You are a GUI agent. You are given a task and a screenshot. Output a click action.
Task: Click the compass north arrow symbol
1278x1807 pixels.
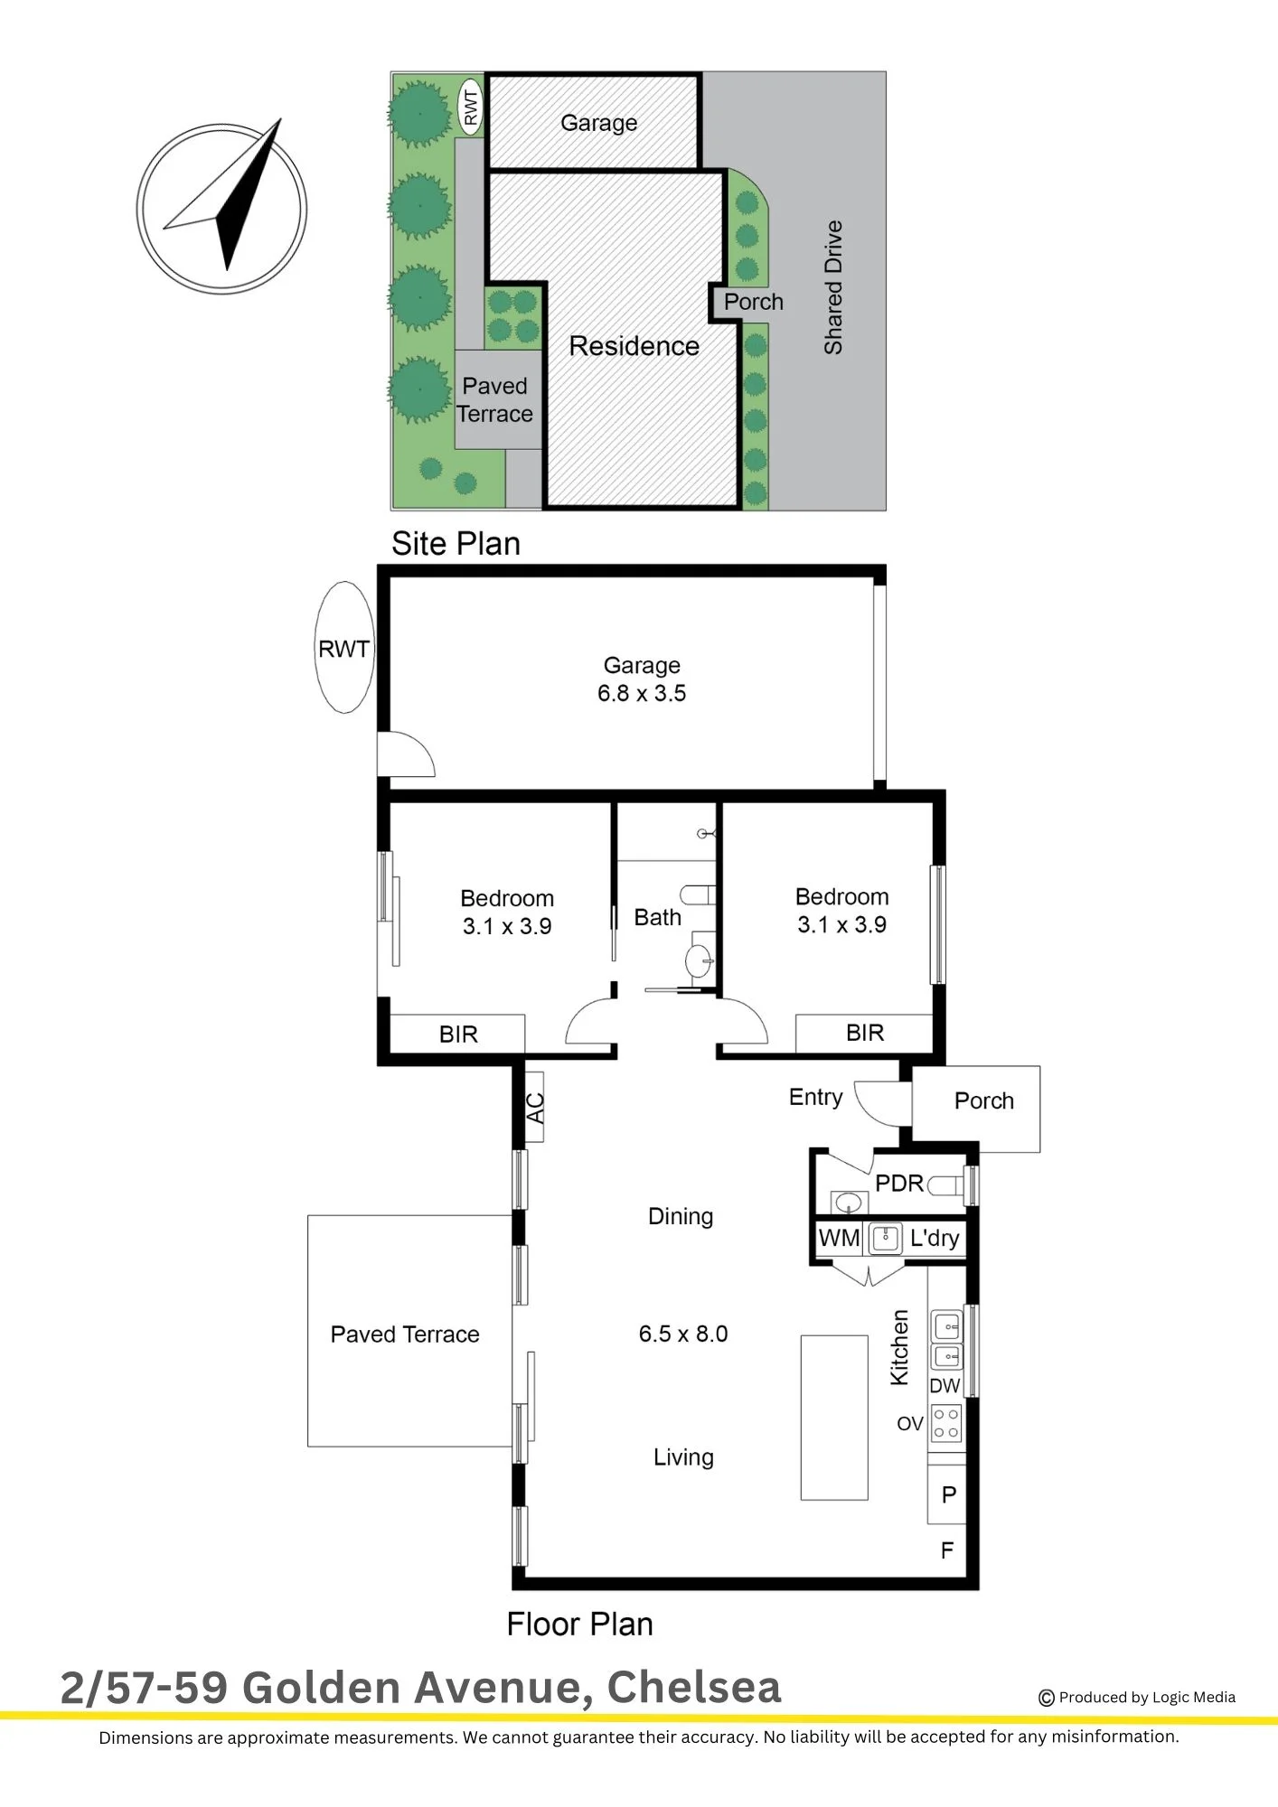point(222,208)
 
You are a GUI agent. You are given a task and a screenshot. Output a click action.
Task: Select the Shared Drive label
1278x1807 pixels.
point(832,287)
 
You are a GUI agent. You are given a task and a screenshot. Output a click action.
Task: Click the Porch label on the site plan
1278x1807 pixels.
point(753,302)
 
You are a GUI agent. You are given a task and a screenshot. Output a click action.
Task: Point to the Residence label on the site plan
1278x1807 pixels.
point(634,346)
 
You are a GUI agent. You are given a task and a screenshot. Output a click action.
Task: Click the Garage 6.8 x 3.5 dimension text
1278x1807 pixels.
point(642,693)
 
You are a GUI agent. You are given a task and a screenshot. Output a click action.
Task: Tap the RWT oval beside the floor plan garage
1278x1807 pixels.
point(344,648)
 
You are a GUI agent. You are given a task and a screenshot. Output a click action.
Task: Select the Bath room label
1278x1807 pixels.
point(657,917)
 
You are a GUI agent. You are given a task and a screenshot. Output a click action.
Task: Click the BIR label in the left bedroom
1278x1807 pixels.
point(458,1035)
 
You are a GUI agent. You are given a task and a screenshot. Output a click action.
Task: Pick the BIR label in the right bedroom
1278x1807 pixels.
point(865,1033)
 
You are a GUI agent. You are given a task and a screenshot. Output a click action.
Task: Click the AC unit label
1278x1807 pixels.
point(535,1108)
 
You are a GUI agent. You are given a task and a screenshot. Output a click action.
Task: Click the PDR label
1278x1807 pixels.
point(899,1183)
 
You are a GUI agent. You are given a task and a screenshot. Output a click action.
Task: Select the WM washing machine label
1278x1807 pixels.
point(839,1238)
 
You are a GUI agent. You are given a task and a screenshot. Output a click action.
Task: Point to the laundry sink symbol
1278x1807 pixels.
point(885,1238)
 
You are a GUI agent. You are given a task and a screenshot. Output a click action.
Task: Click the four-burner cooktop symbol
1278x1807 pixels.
point(945,1423)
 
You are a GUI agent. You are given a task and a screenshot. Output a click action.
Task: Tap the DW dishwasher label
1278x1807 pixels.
point(944,1385)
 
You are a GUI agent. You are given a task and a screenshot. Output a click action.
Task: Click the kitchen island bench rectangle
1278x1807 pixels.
point(834,1418)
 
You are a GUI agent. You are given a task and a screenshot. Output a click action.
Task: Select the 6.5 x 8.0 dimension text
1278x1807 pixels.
point(683,1334)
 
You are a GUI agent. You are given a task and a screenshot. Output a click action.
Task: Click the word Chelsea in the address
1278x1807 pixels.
point(694,1687)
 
